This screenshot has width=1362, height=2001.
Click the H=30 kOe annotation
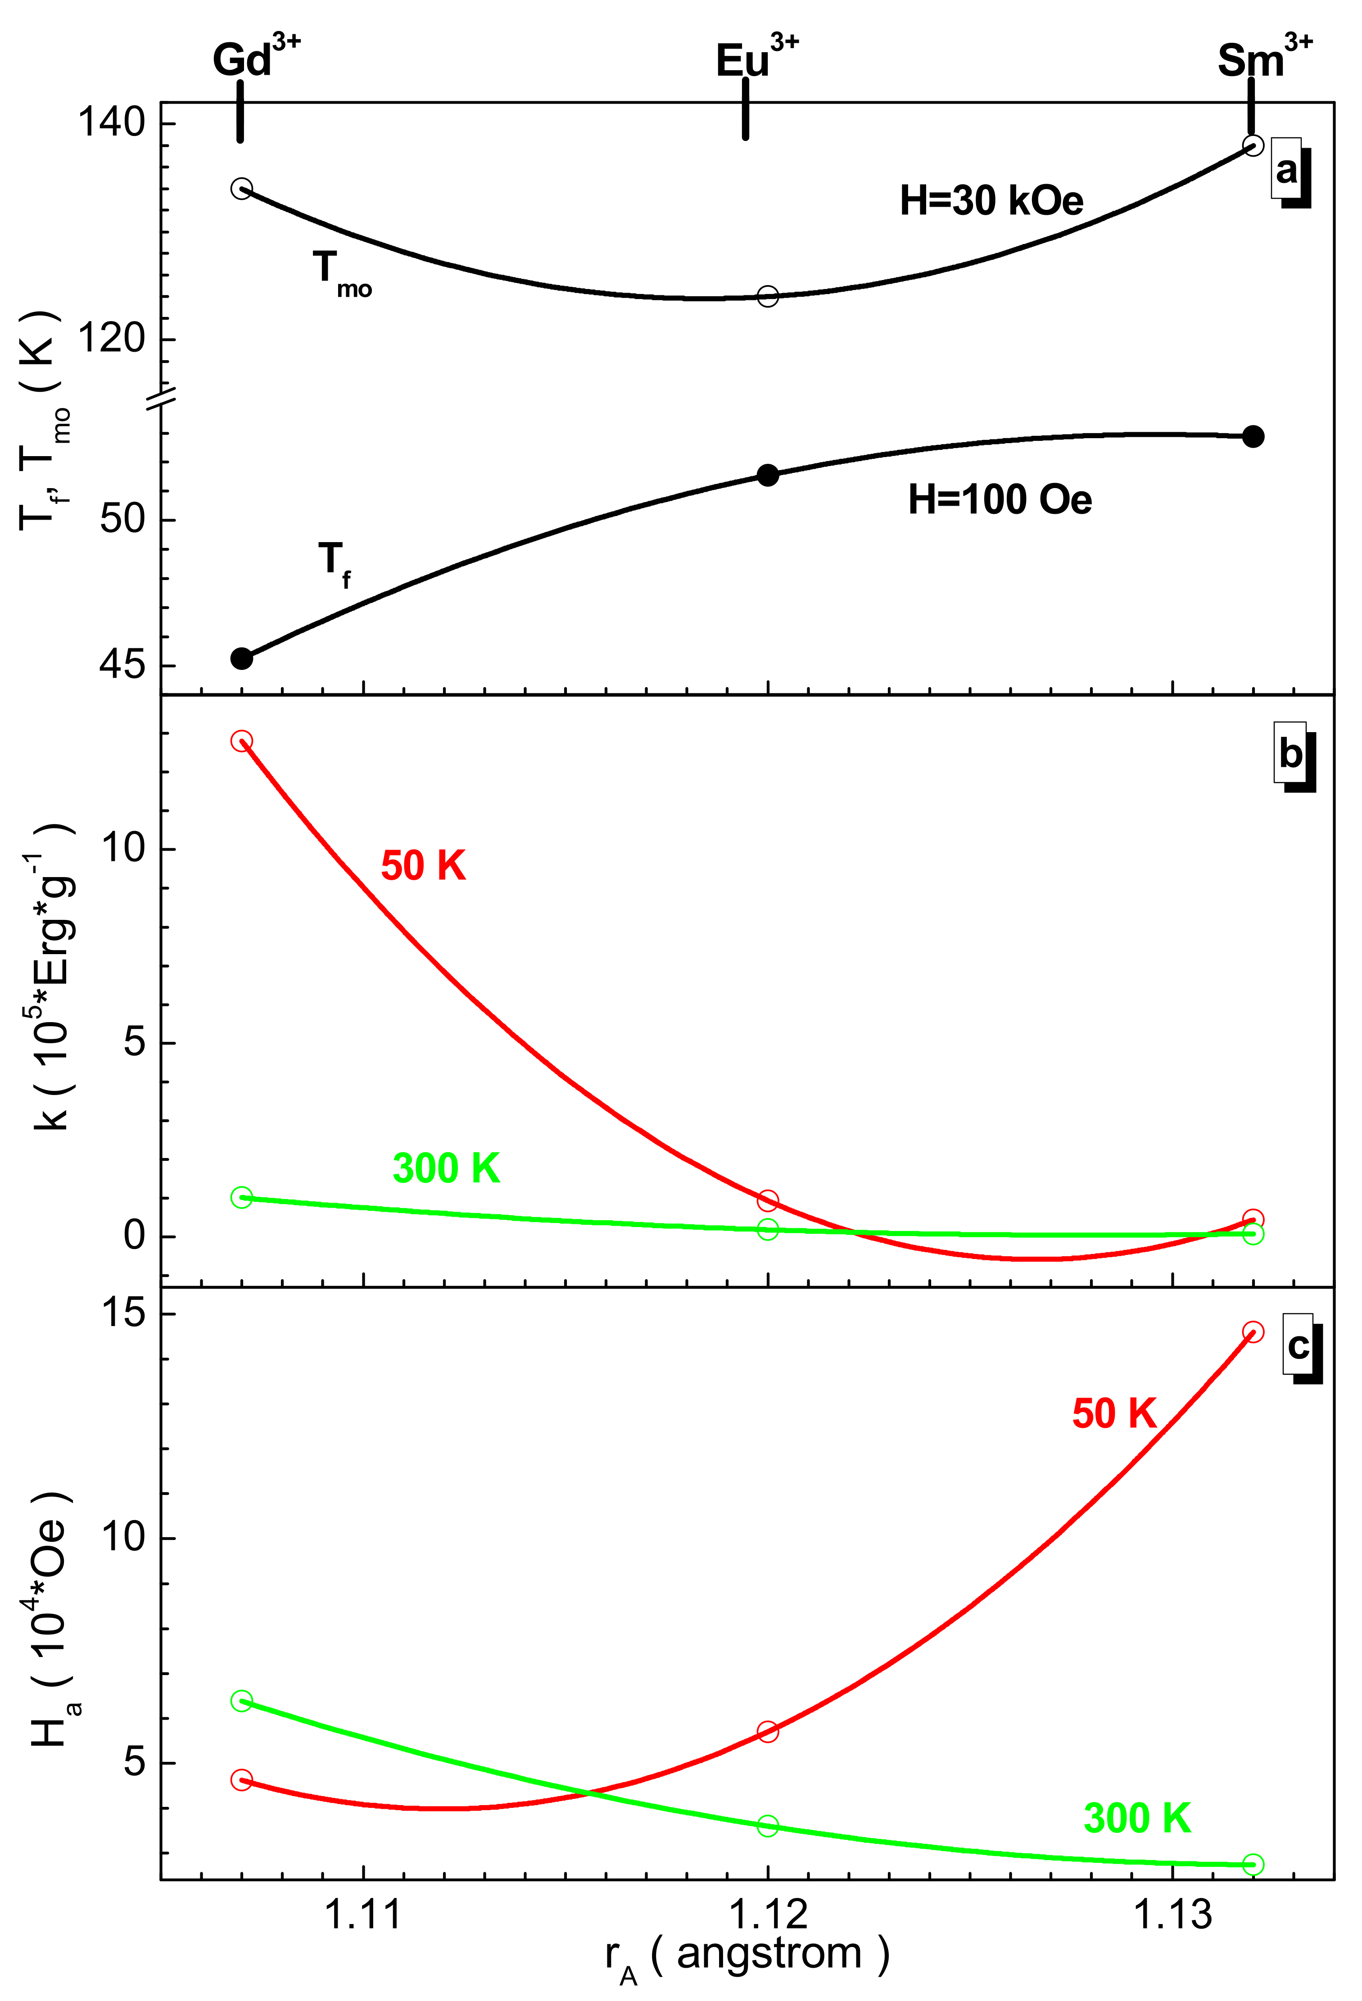pos(991,201)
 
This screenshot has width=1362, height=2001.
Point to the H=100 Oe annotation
pos(1000,499)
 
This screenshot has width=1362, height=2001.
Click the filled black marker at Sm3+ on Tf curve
pos(1253,436)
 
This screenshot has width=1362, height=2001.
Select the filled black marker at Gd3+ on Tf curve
pos(242,659)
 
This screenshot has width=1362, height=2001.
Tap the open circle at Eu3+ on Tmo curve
pos(767,296)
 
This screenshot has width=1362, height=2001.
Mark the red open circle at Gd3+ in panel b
pos(242,741)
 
